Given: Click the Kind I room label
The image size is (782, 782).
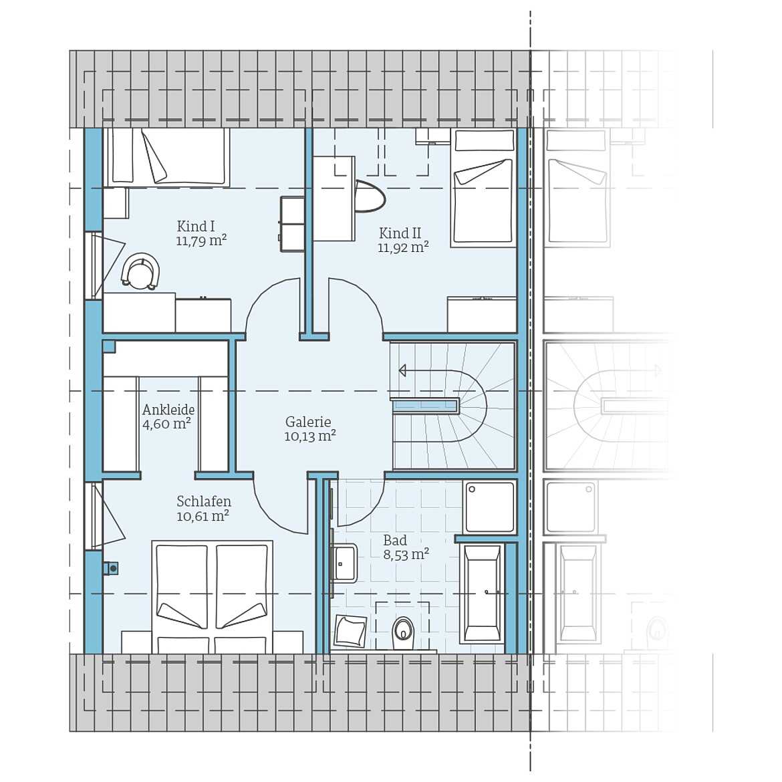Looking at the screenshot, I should coord(196,226).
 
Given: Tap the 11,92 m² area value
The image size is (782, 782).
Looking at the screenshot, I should coord(402,248).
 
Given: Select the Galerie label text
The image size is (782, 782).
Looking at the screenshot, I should coord(308,422).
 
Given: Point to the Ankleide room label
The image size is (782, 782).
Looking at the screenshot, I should coord(168,410).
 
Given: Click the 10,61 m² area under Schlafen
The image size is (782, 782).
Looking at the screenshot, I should coord(203,516).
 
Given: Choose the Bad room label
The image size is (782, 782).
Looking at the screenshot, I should coord(395,540).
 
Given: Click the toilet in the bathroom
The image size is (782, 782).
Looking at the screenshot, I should coord(403,629).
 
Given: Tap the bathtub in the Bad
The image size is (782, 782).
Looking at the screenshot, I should coord(483,593).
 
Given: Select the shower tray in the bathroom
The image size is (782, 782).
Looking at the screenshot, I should coord(490,507).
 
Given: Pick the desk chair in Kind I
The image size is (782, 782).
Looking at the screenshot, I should coord(141,271).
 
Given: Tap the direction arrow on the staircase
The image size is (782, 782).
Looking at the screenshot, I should coord(402,370).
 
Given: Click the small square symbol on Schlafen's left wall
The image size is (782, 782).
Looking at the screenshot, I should coord(111,568).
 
